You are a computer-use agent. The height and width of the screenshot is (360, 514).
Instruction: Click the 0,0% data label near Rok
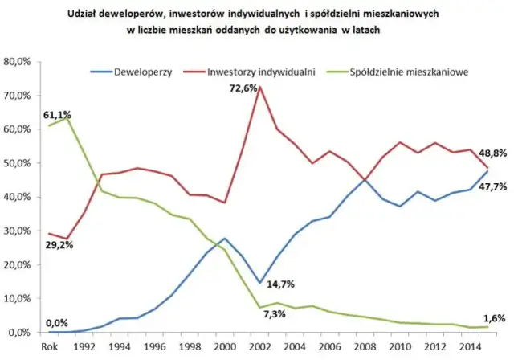(x=57, y=321)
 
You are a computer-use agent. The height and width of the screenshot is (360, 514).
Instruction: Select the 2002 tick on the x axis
(x=258, y=346)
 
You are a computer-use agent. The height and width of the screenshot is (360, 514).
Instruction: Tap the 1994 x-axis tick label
(x=120, y=346)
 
